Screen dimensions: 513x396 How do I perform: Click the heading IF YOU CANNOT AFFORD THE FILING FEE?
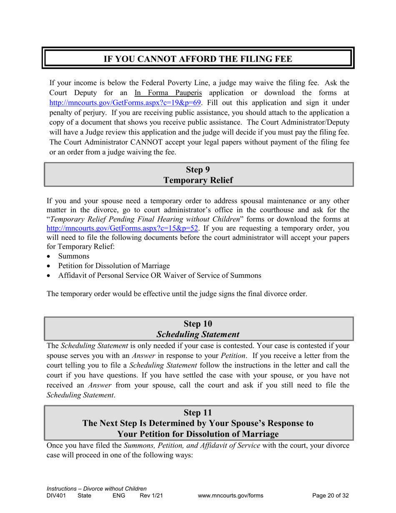tap(198, 59)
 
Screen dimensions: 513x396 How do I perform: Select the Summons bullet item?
tap(70, 256)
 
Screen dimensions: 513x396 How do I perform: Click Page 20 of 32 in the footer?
tap(331, 496)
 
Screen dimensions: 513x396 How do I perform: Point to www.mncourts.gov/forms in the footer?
tap(230, 496)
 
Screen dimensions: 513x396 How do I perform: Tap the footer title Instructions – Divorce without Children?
tap(97, 488)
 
